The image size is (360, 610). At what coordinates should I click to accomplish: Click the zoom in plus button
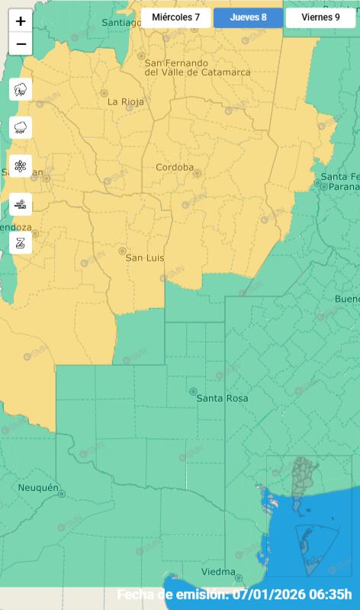21,21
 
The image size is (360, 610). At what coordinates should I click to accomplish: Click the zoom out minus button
21,44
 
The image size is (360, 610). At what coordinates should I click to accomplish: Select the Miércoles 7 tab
175,17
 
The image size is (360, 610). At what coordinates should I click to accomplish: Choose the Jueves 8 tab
248,17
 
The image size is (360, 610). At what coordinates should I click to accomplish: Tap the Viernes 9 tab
320,17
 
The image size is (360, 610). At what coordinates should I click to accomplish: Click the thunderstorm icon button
21,89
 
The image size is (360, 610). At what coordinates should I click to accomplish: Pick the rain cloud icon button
21,127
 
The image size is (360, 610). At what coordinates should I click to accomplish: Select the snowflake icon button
21,165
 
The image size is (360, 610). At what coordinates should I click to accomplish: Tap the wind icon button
21,204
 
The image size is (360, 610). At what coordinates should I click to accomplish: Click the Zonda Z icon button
21,242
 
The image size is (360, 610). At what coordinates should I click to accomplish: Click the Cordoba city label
175,168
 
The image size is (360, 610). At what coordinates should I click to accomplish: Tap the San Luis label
144,258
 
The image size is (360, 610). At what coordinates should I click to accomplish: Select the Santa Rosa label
222,398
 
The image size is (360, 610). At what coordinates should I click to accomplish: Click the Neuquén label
38,487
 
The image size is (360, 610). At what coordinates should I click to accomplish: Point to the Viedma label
218,572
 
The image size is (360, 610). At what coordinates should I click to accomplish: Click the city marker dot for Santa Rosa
193,391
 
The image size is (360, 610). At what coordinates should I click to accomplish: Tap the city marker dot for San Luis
122,250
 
